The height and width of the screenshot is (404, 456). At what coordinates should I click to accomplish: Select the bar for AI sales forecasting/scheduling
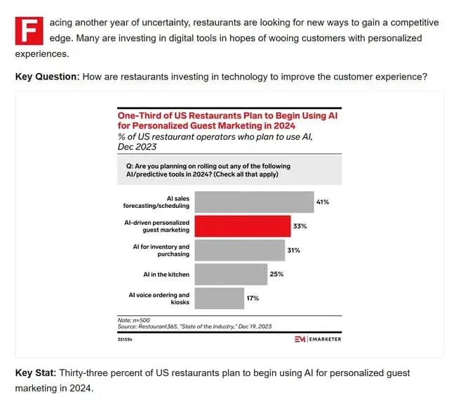(254, 202)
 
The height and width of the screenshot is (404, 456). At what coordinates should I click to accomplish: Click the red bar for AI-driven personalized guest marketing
(242, 226)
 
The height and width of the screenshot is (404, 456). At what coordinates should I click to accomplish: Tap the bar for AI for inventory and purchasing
(239, 250)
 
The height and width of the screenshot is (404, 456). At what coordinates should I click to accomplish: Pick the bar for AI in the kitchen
(231, 274)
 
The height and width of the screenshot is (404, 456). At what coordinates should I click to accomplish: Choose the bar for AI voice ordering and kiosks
(219, 298)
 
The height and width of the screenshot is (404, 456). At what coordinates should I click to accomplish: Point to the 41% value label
(323, 202)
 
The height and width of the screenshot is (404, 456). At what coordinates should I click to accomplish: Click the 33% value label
(300, 226)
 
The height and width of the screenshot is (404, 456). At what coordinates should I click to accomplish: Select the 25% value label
(277, 274)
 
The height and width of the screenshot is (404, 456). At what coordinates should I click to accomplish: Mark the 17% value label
(253, 298)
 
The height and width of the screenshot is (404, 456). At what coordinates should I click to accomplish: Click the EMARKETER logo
(319, 339)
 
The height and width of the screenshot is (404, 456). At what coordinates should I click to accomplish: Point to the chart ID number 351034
(125, 339)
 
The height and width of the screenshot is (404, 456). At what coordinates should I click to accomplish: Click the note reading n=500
(133, 320)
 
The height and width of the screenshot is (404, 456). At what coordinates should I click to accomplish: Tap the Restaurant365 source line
(194, 327)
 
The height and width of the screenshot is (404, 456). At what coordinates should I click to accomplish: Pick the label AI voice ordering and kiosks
(160, 299)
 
